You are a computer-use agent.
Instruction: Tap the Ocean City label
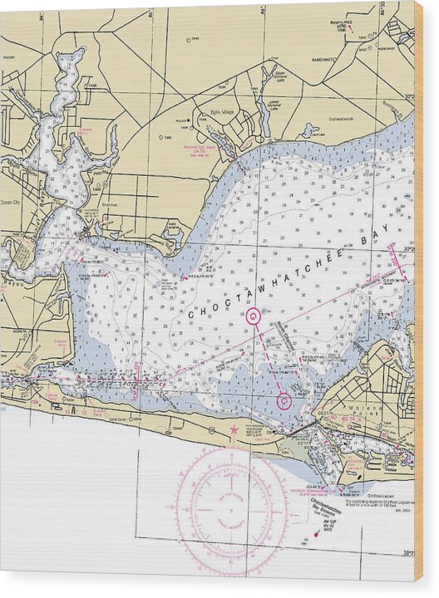coord(14,202)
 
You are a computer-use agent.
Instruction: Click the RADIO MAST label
coord(324,59)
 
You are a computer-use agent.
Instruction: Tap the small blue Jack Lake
coord(309,130)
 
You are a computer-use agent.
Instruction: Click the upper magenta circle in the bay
coord(254,316)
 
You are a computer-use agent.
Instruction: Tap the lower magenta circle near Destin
coord(284,400)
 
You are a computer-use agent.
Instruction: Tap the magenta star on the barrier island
coord(234,430)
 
